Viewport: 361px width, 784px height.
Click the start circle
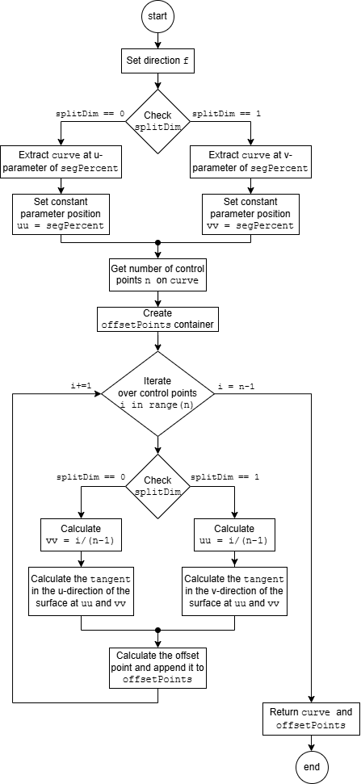click(158, 16)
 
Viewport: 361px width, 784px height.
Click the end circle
click(312, 767)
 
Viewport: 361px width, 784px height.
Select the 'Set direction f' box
click(158, 61)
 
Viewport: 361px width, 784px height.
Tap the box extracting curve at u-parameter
click(61, 161)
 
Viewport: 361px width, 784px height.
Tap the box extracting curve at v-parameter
click(250, 161)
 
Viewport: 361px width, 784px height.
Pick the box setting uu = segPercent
click(61, 213)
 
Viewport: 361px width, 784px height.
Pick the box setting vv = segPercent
click(250, 213)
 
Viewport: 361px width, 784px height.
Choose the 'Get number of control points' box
click(158, 275)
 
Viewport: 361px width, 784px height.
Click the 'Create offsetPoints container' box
click(158, 319)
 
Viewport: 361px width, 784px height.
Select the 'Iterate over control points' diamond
click(158, 393)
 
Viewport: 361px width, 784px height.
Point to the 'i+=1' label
click(81, 385)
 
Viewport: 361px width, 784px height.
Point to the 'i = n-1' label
click(237, 385)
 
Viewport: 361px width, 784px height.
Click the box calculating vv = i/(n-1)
click(81, 535)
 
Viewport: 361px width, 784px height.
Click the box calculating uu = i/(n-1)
click(234, 535)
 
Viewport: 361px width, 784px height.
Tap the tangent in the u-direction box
click(81, 591)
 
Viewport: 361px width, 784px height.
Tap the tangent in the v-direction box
click(234, 591)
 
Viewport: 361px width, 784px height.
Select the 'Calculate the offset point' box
click(158, 667)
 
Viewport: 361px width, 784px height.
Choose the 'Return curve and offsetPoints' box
click(312, 719)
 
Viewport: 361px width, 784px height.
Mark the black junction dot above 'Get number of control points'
click(158, 242)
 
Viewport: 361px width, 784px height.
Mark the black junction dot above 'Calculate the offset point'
click(158, 630)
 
